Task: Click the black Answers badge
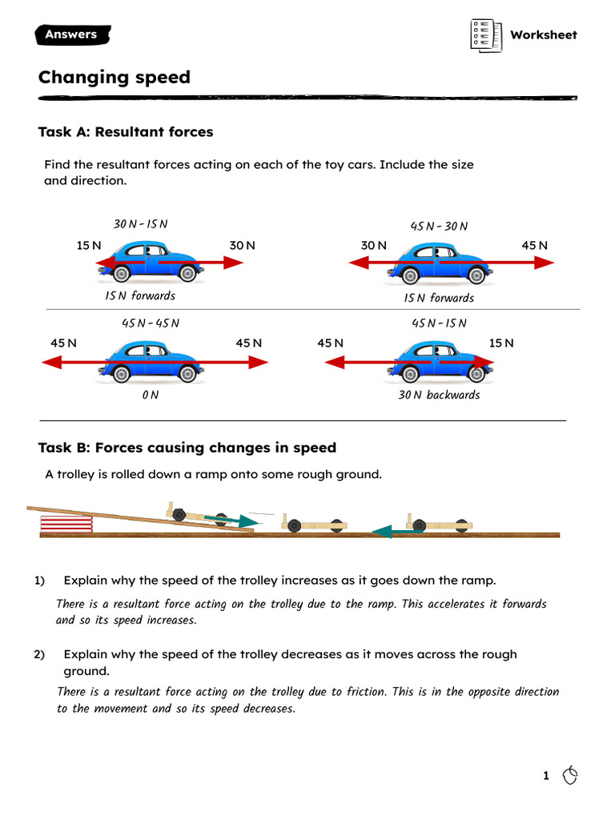(x=72, y=34)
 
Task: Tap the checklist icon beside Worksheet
(x=485, y=35)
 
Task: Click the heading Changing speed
(x=115, y=78)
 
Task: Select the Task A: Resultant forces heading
(x=126, y=131)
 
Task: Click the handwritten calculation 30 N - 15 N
(x=141, y=224)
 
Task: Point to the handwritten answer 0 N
(x=150, y=395)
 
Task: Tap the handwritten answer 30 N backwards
(x=439, y=395)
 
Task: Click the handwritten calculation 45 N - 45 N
(x=150, y=323)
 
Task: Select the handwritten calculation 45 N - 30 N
(x=439, y=227)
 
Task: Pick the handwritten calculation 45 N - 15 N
(x=439, y=323)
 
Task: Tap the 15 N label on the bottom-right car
(x=501, y=343)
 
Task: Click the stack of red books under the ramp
(x=66, y=524)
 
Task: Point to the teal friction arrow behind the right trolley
(x=391, y=529)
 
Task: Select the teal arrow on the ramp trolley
(x=228, y=521)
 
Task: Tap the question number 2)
(x=40, y=654)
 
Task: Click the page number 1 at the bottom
(x=546, y=775)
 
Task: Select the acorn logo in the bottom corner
(x=570, y=774)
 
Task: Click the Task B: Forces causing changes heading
(x=187, y=448)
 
